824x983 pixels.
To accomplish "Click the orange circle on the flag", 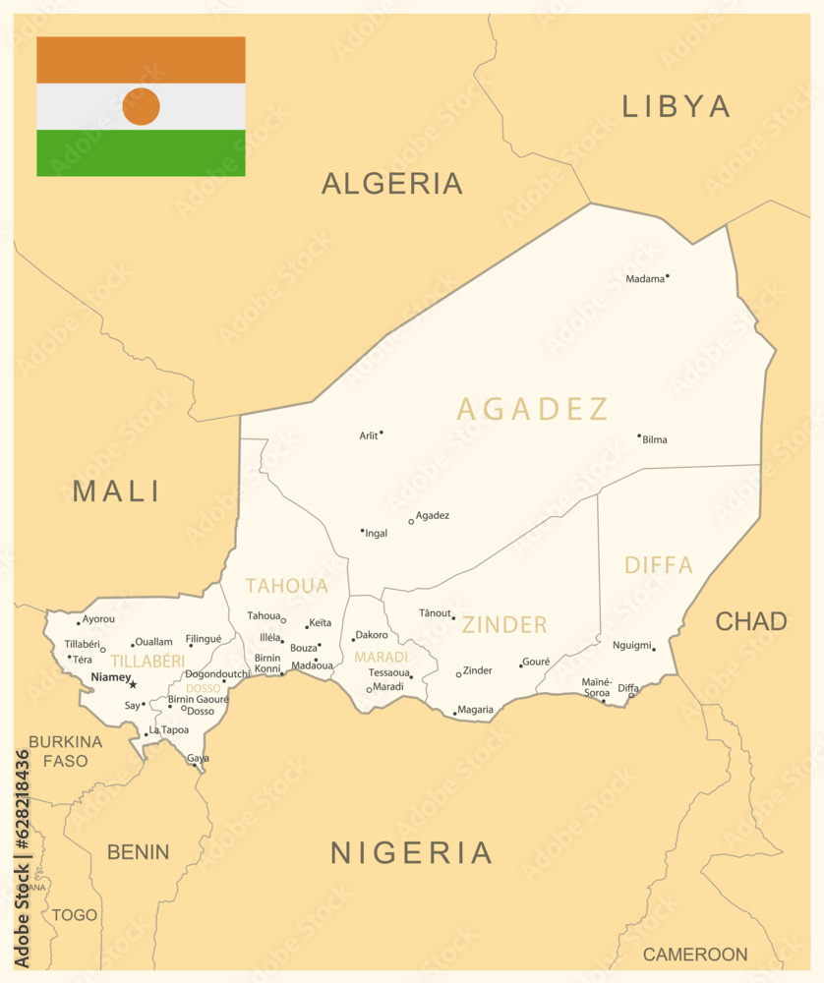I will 141,106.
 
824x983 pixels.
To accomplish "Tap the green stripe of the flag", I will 141,153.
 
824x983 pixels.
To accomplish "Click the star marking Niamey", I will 133,684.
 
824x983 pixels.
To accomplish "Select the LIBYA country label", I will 676,106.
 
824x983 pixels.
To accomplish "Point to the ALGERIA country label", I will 391,183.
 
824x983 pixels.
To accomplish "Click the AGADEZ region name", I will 532,409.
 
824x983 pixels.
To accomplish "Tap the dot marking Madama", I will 668,276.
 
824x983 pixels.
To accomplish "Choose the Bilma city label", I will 655,439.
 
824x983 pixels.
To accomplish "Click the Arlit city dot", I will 382,432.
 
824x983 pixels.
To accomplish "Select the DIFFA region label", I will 659,565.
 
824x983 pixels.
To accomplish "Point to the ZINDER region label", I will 504,624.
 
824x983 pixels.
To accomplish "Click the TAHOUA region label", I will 286,586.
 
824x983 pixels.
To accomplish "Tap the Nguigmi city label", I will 631,645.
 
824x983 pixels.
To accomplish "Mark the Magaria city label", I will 476,710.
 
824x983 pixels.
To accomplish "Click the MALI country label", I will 116,491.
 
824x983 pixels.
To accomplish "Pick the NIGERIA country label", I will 411,852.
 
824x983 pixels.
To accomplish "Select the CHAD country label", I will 750,621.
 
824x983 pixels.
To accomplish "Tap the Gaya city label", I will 198,758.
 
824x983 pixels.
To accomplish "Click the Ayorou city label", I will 98,619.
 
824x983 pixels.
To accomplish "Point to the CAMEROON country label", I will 695,954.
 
